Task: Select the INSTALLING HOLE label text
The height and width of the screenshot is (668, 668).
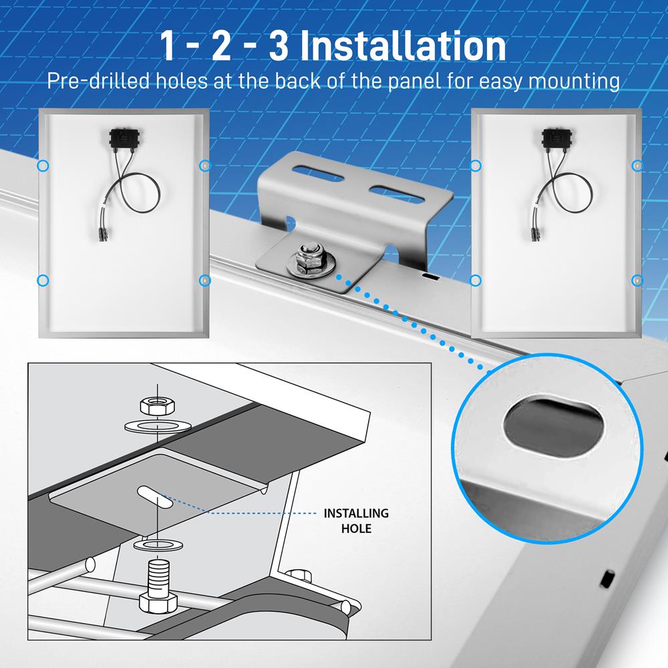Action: (356, 520)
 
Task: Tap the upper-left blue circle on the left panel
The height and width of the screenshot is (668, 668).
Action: (43, 165)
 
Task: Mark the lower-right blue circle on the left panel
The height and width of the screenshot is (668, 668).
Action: (205, 280)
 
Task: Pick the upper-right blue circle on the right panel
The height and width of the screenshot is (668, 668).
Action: (637, 165)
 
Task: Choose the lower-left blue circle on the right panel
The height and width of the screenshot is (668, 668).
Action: (476, 280)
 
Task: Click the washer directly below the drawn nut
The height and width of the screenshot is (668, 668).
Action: (156, 425)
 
